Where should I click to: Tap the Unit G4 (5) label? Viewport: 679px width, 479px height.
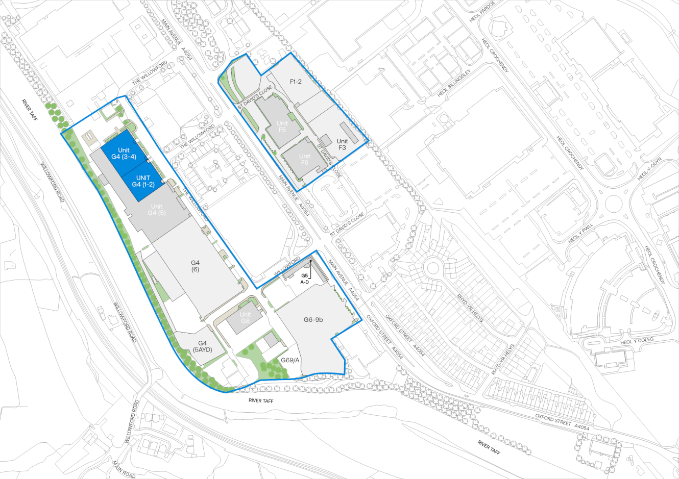point(156,210)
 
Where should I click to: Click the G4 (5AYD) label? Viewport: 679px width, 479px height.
point(202,346)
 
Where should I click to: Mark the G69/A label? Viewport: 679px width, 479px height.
point(289,360)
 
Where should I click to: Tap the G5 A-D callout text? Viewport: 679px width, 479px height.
point(304,279)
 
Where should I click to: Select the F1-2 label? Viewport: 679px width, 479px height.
point(296,81)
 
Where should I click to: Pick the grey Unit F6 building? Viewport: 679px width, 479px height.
point(304,159)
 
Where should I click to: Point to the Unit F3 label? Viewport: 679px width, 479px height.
point(342,144)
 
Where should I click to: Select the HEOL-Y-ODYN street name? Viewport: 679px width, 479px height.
point(649,168)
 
